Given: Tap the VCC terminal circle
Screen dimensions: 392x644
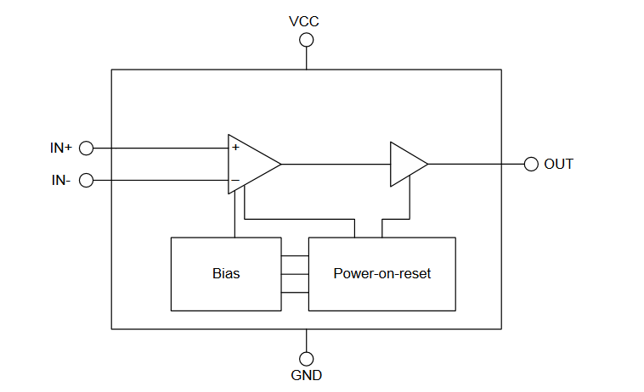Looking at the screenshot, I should pyautogui.click(x=306, y=40).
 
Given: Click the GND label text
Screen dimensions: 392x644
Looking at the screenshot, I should pyautogui.click(x=306, y=374).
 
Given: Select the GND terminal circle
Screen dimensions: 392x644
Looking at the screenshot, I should pyautogui.click(x=306, y=359).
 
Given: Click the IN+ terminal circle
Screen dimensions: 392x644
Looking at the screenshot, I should pyautogui.click(x=86, y=148).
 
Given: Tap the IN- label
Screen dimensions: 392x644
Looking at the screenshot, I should pyautogui.click(x=61, y=180).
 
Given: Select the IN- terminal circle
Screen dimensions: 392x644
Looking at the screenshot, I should pyautogui.click(x=86, y=180).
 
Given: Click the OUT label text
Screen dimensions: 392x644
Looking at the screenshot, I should pyautogui.click(x=559, y=164).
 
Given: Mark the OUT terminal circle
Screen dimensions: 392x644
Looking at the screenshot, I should pyautogui.click(x=531, y=164).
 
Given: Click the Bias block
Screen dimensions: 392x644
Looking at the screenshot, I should pyautogui.click(x=226, y=274).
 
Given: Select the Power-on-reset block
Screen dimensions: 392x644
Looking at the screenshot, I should pyautogui.click(x=381, y=274).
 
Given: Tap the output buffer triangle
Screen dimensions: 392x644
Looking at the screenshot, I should pyautogui.click(x=406, y=164).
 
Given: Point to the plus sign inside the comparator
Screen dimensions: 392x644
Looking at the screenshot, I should pyautogui.click(x=235, y=148).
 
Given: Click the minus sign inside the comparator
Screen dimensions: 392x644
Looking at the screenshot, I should pyautogui.click(x=235, y=180).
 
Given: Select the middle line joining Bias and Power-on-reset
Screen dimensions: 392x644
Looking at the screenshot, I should pyautogui.click(x=294, y=274).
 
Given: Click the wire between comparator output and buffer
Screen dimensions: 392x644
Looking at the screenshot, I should pyautogui.click(x=336, y=164).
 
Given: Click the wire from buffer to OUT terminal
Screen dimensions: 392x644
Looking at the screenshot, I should pyautogui.click(x=476, y=164).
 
